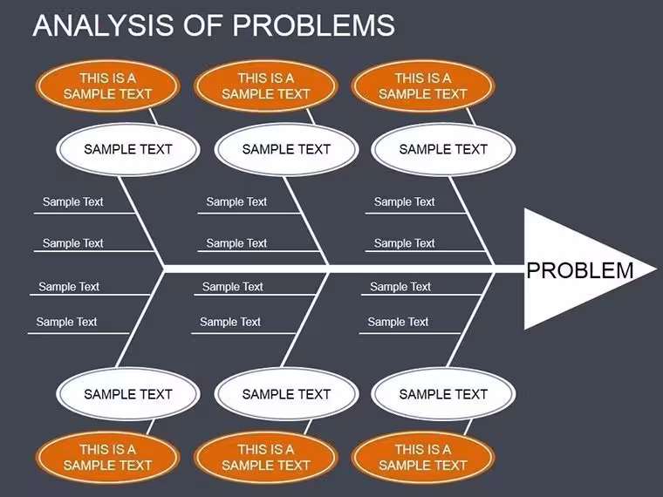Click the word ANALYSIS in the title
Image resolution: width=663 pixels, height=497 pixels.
click(103, 25)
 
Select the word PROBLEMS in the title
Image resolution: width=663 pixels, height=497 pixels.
click(314, 25)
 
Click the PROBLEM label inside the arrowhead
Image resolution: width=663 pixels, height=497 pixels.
click(580, 270)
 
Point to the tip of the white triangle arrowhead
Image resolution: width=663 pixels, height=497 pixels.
click(657, 269)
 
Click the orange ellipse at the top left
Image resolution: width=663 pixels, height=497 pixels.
click(108, 85)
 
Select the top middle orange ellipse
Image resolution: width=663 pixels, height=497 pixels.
click(266, 85)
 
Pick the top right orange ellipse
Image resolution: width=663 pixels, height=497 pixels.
click(423, 85)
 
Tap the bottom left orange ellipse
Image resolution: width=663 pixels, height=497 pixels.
click(108, 457)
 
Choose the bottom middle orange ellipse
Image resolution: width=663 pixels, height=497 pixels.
click(266, 457)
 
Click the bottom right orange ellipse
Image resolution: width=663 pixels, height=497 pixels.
click(423, 457)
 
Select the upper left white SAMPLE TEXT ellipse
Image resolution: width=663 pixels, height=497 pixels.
click(128, 149)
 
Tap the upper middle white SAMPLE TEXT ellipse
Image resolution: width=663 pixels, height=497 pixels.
click(286, 149)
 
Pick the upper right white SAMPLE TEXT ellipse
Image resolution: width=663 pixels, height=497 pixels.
click(443, 149)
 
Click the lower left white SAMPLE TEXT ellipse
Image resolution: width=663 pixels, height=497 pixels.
click(128, 394)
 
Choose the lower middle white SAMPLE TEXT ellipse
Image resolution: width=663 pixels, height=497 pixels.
click(286, 394)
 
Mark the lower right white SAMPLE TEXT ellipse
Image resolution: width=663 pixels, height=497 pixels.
click(443, 394)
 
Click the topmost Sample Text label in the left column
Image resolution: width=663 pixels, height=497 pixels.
click(72, 202)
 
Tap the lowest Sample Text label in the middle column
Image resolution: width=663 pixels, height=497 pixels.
click(230, 322)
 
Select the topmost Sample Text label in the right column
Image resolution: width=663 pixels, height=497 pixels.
click(404, 202)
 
